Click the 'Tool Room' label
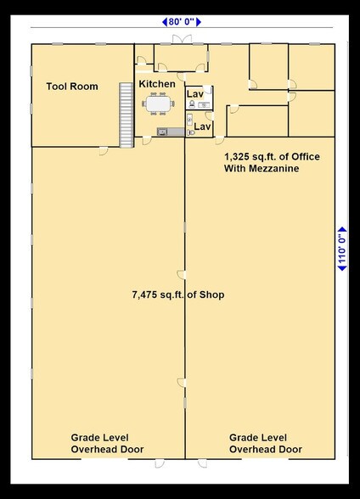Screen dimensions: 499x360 pyautogui.click(x=71, y=87)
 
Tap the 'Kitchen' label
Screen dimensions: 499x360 pyautogui.click(x=157, y=84)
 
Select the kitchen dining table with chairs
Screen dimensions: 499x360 pyautogui.click(x=158, y=104)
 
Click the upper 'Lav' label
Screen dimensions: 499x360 pyautogui.click(x=195, y=93)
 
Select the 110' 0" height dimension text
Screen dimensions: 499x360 pyautogui.click(x=342, y=249)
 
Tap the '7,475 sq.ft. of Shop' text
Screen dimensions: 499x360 pyautogui.click(x=177, y=294)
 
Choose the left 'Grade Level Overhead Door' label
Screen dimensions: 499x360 pyautogui.click(x=107, y=443)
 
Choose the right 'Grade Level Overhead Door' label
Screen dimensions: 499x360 pyautogui.click(x=266, y=443)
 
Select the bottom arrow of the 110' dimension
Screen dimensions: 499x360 pyautogui.click(x=342, y=268)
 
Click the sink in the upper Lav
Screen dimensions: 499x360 pyautogui.click(x=204, y=104)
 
